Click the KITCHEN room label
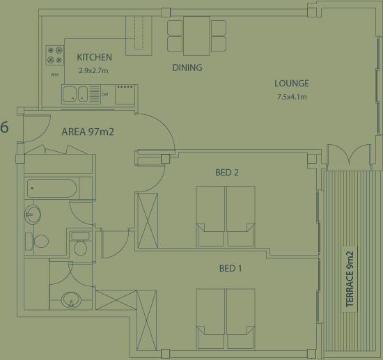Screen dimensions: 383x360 94,57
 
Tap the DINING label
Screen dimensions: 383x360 187,68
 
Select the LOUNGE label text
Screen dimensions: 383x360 292,84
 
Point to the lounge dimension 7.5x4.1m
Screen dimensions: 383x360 292,97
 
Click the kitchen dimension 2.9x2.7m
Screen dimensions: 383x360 93,70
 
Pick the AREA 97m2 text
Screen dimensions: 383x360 88,132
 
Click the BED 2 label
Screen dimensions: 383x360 227,173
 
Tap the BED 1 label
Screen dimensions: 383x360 230,268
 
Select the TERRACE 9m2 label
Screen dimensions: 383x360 350,279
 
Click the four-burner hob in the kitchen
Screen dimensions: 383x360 55,55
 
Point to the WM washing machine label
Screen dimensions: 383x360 54,75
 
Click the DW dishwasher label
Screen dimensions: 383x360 104,94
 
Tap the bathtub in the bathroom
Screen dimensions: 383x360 52,188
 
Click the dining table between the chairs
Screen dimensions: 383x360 196,36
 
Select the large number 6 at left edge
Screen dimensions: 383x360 4,127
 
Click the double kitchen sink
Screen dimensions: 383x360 75,94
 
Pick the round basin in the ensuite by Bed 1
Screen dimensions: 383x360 71,300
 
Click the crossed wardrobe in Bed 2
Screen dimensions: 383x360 148,220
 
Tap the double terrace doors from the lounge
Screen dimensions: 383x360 349,156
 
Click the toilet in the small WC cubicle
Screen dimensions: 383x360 80,243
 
